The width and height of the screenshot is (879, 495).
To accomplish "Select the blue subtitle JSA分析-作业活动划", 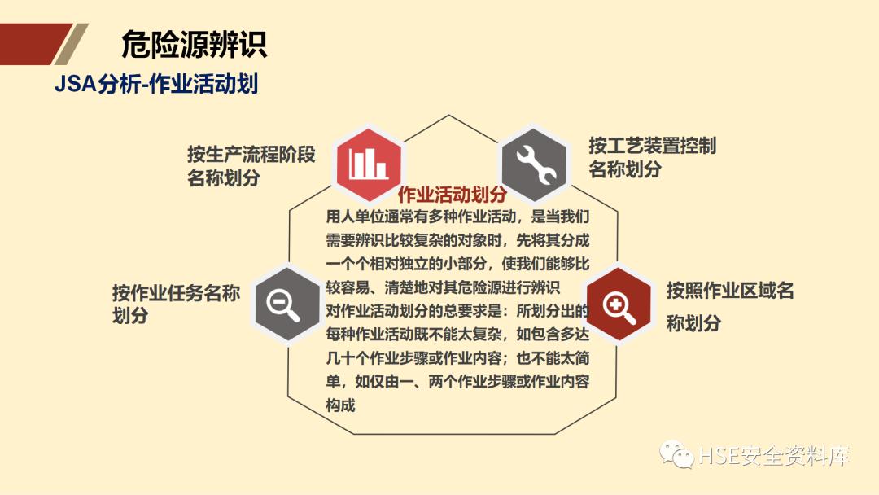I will coord(156,83).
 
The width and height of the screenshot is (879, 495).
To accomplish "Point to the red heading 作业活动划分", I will coord(453,195).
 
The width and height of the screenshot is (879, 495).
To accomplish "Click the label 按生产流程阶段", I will coord(251,153).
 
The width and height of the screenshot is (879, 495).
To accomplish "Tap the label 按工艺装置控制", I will coord(653,146).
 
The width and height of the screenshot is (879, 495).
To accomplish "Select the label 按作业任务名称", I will coord(176,293).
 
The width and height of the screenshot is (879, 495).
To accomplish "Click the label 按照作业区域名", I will coord(730,291).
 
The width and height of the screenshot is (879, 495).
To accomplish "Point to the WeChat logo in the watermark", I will coord(677,455).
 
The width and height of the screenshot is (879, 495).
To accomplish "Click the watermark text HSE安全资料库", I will coord(774,457).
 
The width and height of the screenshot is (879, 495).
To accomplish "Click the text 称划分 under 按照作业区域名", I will coord(693,323).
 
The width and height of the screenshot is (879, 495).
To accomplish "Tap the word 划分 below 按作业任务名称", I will coord(130,316).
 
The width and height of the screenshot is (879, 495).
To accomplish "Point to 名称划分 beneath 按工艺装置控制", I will coord(625,169).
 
